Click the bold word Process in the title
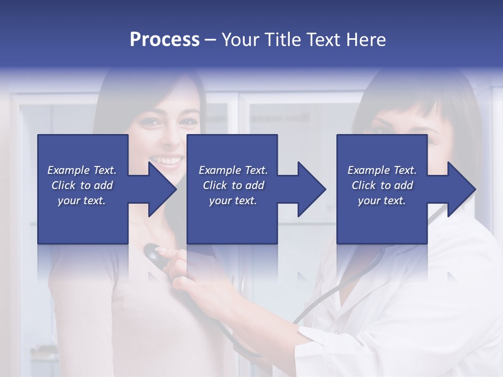click(165, 40)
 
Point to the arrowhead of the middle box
click(311, 189)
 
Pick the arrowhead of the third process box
click(461, 189)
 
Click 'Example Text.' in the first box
click(82, 170)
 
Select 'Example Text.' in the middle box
click(233, 170)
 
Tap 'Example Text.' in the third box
click(382, 170)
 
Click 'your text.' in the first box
click(82, 201)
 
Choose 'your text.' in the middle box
click(233, 201)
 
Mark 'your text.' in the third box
click(382, 201)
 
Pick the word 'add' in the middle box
click(255, 185)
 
